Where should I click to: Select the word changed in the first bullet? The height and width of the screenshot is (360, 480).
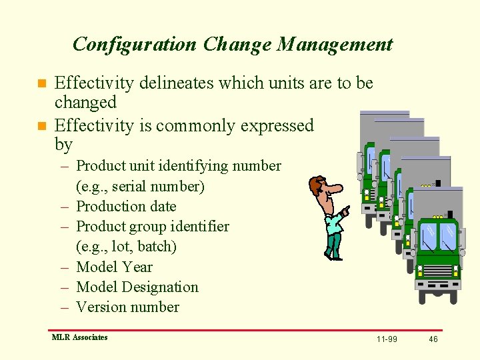coord(85,103)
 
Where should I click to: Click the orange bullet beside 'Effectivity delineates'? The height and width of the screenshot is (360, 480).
coord(41,84)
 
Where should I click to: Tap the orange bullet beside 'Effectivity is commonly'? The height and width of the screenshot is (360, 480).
coord(41,126)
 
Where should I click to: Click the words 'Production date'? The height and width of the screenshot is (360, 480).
coord(126,207)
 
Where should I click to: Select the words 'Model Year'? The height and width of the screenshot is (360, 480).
coord(114,267)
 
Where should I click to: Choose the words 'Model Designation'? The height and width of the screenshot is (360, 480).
coord(137,287)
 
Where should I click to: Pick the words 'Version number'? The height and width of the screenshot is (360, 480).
coord(127,307)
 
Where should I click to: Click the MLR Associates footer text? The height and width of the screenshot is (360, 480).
coord(79,337)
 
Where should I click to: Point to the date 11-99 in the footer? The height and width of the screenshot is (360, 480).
coord(387,339)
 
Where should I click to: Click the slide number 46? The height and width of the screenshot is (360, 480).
coord(433,339)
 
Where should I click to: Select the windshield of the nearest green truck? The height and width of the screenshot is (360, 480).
coord(438,237)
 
